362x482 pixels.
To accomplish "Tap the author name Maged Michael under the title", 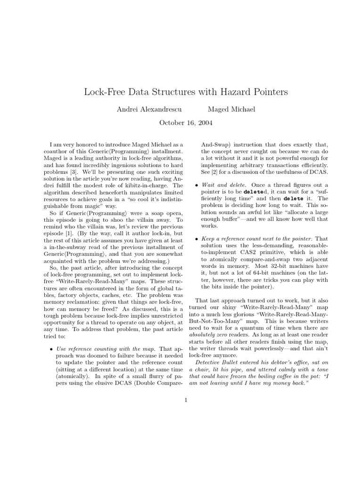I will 231,109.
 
